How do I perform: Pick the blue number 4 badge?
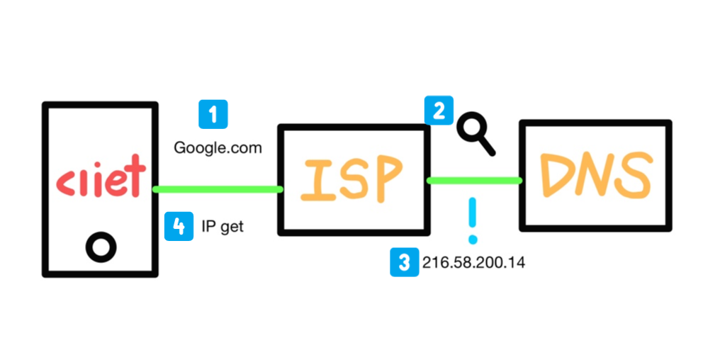179,226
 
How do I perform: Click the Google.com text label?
218,148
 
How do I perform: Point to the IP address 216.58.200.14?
473,263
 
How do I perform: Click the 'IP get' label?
223,227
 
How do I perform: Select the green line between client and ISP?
218,189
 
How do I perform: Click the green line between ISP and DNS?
474,181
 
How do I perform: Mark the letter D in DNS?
556,174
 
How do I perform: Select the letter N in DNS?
597,174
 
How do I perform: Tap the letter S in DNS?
636,174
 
